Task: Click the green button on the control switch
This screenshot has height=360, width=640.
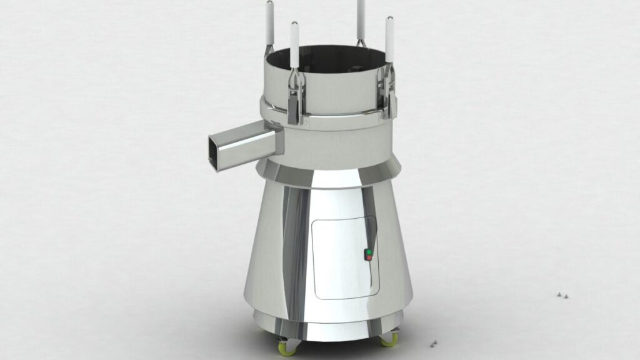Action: [369, 252]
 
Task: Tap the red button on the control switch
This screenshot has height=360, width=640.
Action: [369, 257]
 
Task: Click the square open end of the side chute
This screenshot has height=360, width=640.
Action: [217, 153]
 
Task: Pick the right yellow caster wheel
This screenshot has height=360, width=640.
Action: [389, 339]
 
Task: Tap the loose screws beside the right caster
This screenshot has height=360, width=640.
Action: [432, 342]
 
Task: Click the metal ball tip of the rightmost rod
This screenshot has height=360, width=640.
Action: [389, 19]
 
